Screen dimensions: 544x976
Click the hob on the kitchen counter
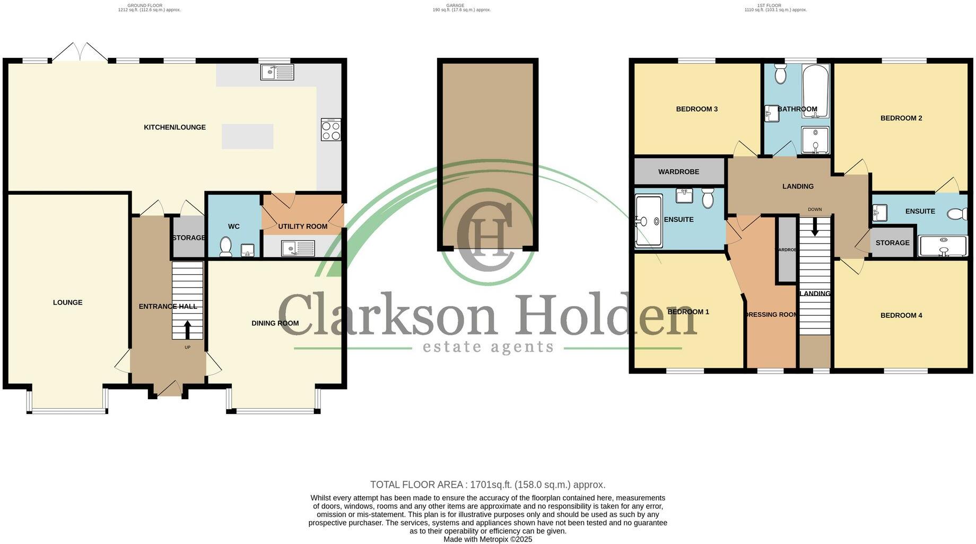(x=331, y=129)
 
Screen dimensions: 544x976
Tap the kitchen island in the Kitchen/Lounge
(x=248, y=136)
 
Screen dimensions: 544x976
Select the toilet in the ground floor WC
(x=226, y=247)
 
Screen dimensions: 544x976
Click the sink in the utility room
(x=298, y=248)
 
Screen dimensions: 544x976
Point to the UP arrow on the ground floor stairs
(x=187, y=329)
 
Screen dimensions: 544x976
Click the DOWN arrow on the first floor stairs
(x=815, y=228)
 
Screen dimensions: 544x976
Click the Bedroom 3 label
(x=696, y=109)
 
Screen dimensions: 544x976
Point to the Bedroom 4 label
(x=901, y=315)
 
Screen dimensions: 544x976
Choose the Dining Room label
(x=275, y=323)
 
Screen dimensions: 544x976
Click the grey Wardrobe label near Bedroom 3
(x=678, y=172)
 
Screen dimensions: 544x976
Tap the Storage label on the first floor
(x=892, y=243)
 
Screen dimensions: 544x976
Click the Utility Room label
(x=302, y=227)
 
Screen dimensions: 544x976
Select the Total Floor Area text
(x=487, y=485)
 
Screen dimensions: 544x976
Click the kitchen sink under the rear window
(x=277, y=72)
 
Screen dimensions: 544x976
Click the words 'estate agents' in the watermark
(x=487, y=347)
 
